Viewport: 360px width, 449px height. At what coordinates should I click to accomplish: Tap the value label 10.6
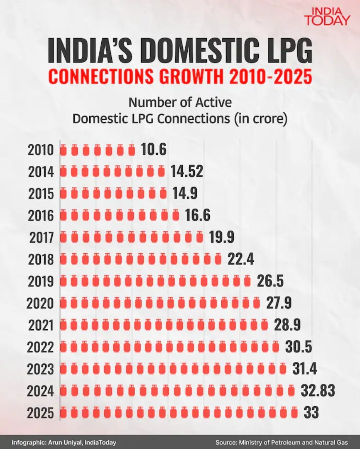[x=153, y=150]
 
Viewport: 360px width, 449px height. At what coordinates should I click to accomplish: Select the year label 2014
[x=41, y=172]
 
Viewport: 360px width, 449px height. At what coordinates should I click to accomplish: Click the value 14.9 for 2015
[x=185, y=194]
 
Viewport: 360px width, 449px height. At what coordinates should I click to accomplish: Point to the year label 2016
[x=41, y=216]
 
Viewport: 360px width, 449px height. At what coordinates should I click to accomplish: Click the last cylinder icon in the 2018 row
[x=218, y=259]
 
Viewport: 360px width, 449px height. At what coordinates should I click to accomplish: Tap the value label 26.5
[x=270, y=281]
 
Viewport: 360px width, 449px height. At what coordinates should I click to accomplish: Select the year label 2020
[x=40, y=303]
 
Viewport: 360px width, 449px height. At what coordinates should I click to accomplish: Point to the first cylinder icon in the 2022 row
[x=64, y=347]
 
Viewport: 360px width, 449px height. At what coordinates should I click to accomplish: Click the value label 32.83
[x=317, y=391]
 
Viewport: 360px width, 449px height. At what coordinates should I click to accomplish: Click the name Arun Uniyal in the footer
[x=64, y=442]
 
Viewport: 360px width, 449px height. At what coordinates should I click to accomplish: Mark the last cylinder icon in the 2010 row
[x=131, y=151]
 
